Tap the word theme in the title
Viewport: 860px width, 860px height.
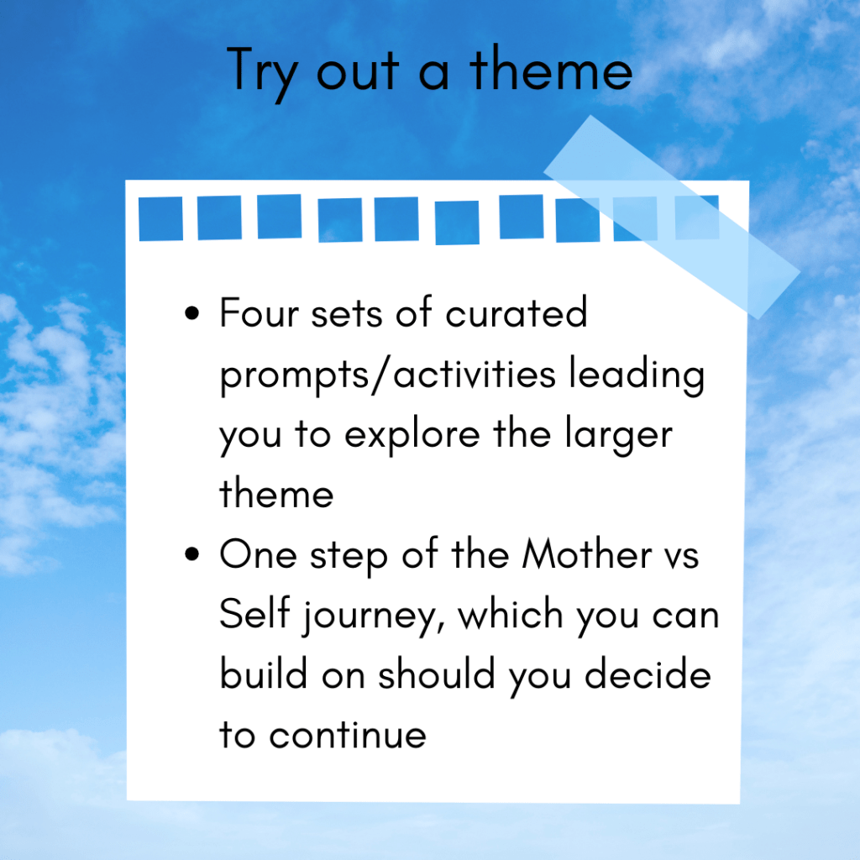coord(551,68)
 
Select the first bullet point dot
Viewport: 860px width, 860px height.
coord(192,313)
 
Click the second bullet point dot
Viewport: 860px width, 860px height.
coord(192,554)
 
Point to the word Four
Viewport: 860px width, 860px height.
coord(260,312)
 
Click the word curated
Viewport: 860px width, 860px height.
coord(517,312)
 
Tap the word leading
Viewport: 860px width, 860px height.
coord(637,375)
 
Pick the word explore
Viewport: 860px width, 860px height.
coord(412,436)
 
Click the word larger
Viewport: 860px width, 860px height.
coord(619,436)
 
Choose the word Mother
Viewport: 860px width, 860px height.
coord(587,554)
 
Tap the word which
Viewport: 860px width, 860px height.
coord(511,613)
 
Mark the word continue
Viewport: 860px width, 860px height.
coord(348,734)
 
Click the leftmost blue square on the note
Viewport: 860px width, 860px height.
coord(160,218)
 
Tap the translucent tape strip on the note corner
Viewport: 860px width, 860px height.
coord(672,218)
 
